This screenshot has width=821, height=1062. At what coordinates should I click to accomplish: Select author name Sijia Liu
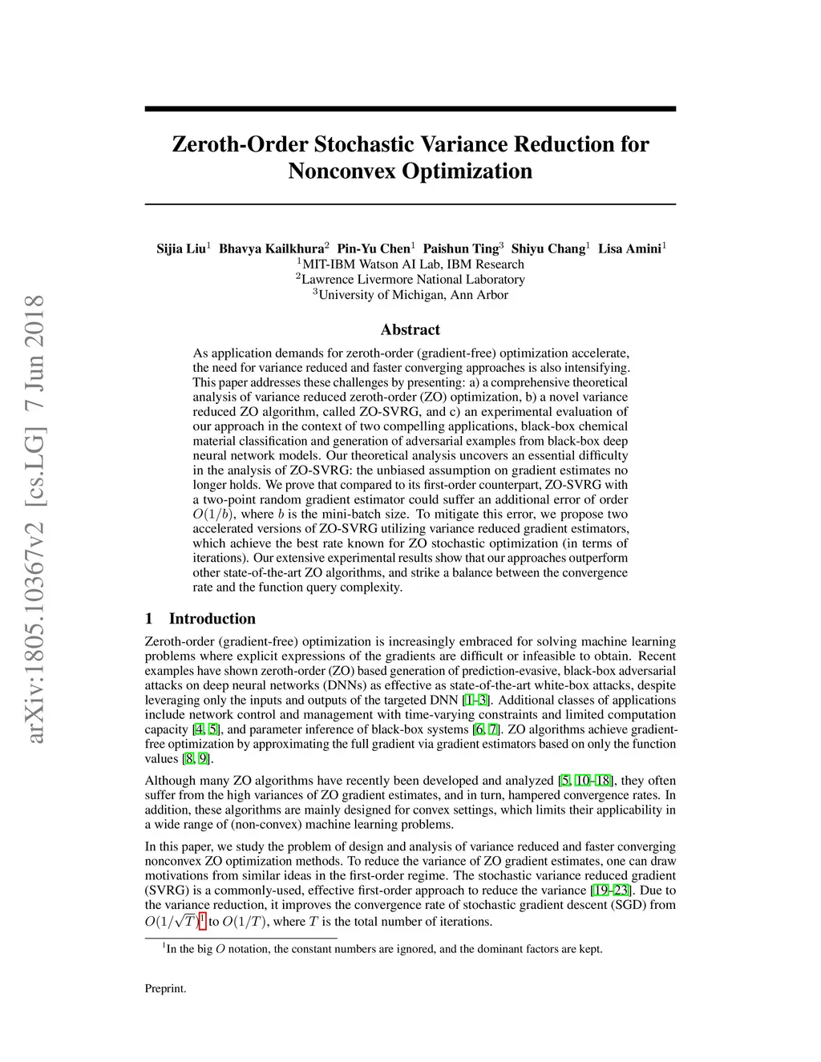181,248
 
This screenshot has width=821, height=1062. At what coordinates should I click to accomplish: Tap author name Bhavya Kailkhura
271,248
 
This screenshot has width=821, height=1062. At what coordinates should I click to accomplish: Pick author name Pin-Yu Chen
373,248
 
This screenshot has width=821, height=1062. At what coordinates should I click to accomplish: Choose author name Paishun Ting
460,248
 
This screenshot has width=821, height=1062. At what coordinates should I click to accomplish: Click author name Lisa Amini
629,248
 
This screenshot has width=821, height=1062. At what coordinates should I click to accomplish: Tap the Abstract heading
410,329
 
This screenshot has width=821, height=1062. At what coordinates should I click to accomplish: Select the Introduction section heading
212,618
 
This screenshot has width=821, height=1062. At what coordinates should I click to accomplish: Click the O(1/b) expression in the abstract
212,515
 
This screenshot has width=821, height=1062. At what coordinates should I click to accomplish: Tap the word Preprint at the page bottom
165,988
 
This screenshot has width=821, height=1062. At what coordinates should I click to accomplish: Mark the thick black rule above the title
410,109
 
